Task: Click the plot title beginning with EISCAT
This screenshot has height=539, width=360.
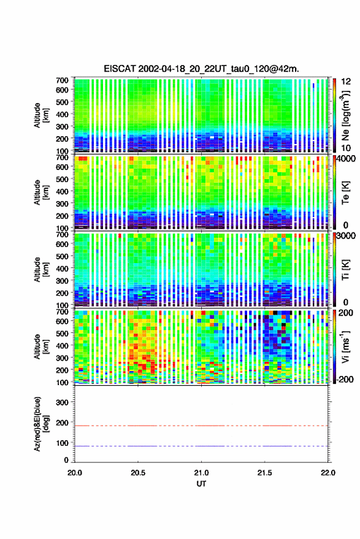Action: (x=202, y=69)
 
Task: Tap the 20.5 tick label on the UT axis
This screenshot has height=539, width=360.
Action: (x=138, y=473)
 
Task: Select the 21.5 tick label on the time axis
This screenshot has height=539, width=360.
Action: (x=264, y=473)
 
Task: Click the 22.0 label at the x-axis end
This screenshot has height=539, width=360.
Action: (x=328, y=473)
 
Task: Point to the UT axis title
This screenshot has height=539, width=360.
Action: (x=202, y=484)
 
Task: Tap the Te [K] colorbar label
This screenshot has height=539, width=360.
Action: (x=345, y=193)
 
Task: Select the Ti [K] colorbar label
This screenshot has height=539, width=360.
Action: (x=345, y=270)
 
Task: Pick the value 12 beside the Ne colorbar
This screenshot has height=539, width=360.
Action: (x=346, y=82)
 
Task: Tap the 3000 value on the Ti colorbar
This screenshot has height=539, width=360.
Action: (x=347, y=235)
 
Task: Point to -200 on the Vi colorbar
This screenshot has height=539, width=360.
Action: (x=345, y=380)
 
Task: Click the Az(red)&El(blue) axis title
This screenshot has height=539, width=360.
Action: (x=41, y=424)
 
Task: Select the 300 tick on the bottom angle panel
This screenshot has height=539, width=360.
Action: (x=62, y=402)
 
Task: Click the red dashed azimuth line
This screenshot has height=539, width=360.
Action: (x=202, y=426)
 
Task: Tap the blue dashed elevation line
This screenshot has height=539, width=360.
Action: (x=202, y=446)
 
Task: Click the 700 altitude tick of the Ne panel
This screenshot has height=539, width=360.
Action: (x=62, y=80)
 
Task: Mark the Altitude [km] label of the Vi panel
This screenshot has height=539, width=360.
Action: (x=41, y=346)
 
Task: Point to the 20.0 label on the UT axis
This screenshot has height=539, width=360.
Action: (x=75, y=473)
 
